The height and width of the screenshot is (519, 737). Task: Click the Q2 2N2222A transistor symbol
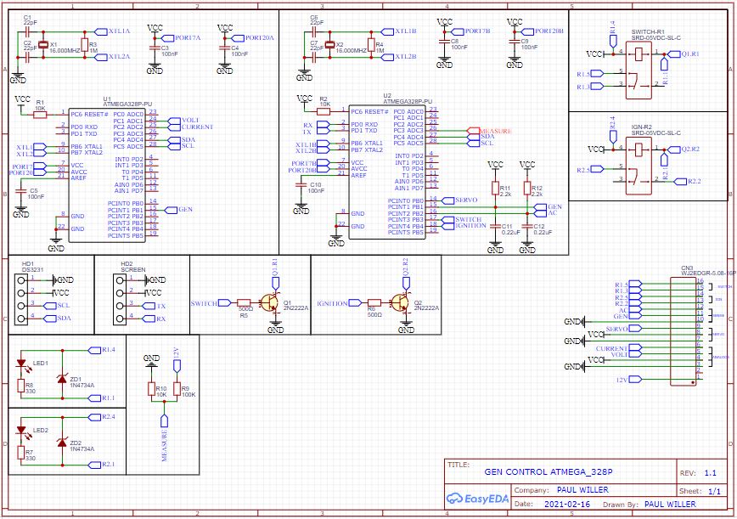click(x=400, y=302)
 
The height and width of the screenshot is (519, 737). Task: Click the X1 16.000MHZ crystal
click(x=42, y=44)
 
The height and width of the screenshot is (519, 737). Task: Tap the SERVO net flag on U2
click(x=466, y=200)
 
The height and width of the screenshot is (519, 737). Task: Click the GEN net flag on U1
click(x=184, y=209)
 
